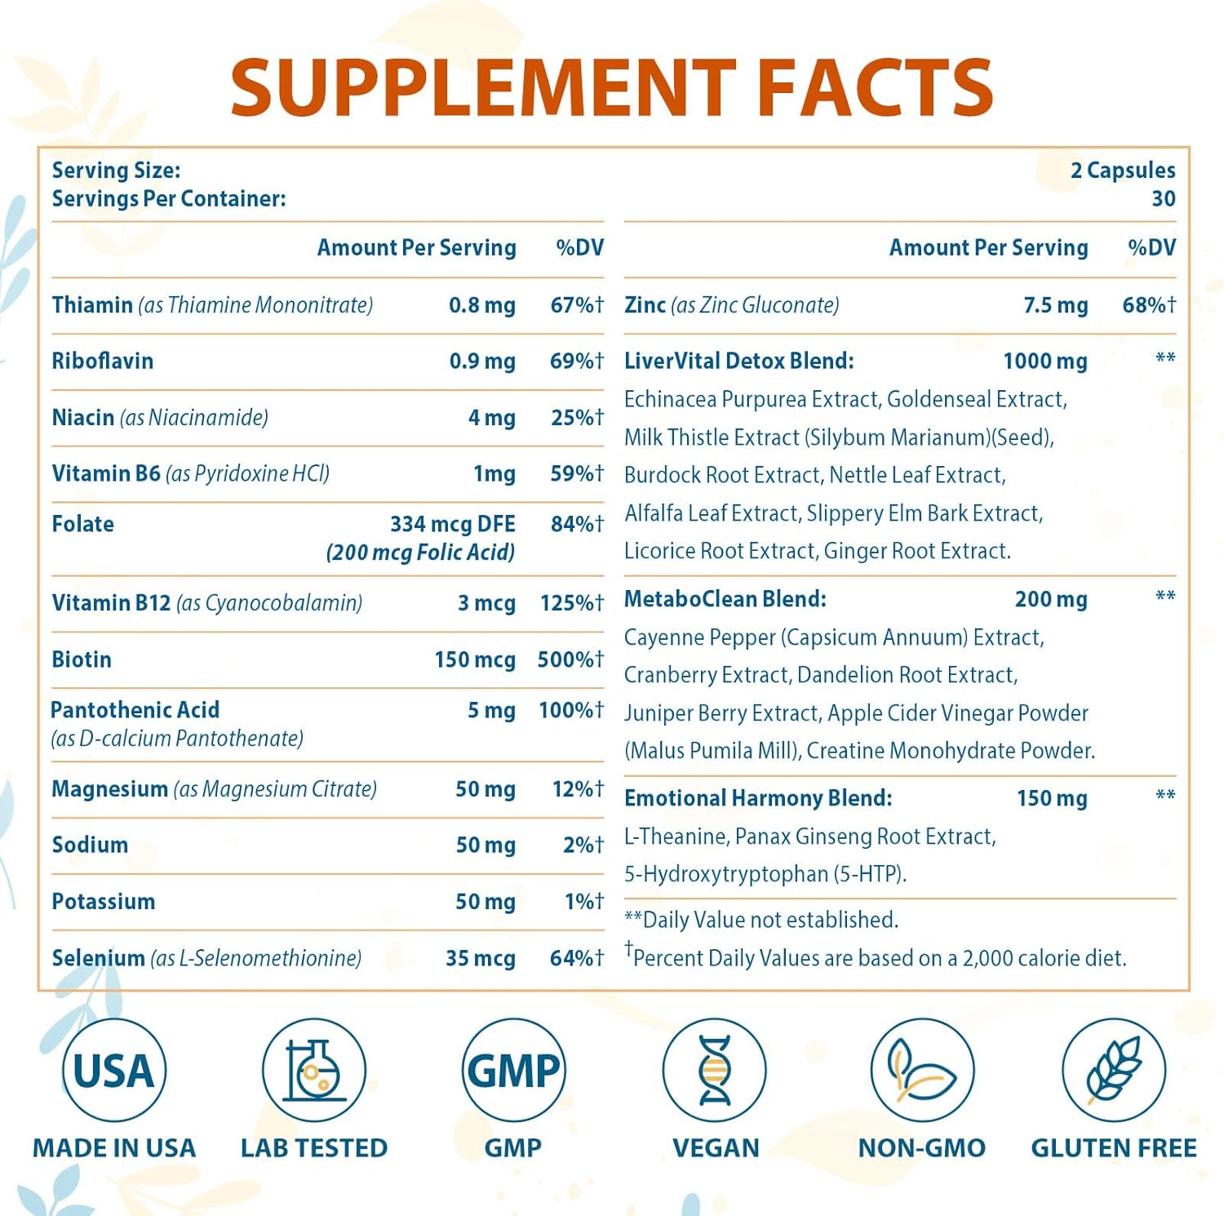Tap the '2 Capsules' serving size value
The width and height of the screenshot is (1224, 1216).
pos(1123,171)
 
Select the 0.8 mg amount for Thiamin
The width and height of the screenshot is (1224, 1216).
pos(481,305)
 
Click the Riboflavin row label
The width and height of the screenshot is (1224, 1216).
pos(103,361)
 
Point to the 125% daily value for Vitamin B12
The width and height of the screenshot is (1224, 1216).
pos(571,603)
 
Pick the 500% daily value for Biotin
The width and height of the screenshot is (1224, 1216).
pos(570,659)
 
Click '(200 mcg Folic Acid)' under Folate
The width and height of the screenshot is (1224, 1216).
pos(420,553)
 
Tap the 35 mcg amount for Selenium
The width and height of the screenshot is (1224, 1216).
pos(480,958)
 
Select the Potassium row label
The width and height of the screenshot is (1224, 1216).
pos(104,902)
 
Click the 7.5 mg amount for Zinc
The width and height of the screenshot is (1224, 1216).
pos(1055,305)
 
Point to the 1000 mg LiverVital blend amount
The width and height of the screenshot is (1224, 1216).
pos(1044,361)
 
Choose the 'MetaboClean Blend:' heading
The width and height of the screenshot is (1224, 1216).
pos(725,599)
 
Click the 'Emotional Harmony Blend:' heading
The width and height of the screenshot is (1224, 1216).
pos(758,798)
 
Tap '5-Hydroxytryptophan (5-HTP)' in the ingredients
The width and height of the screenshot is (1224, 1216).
pos(765,874)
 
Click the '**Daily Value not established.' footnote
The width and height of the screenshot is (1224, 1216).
pos(761,920)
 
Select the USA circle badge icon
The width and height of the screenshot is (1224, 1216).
pos(114,1070)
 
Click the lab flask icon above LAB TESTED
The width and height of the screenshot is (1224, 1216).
pos(314,1070)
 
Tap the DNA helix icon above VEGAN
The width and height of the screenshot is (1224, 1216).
pos(715,1070)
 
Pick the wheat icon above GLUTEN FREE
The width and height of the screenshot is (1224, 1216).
pos(1113,1070)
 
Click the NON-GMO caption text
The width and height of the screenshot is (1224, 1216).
pos(921,1148)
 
